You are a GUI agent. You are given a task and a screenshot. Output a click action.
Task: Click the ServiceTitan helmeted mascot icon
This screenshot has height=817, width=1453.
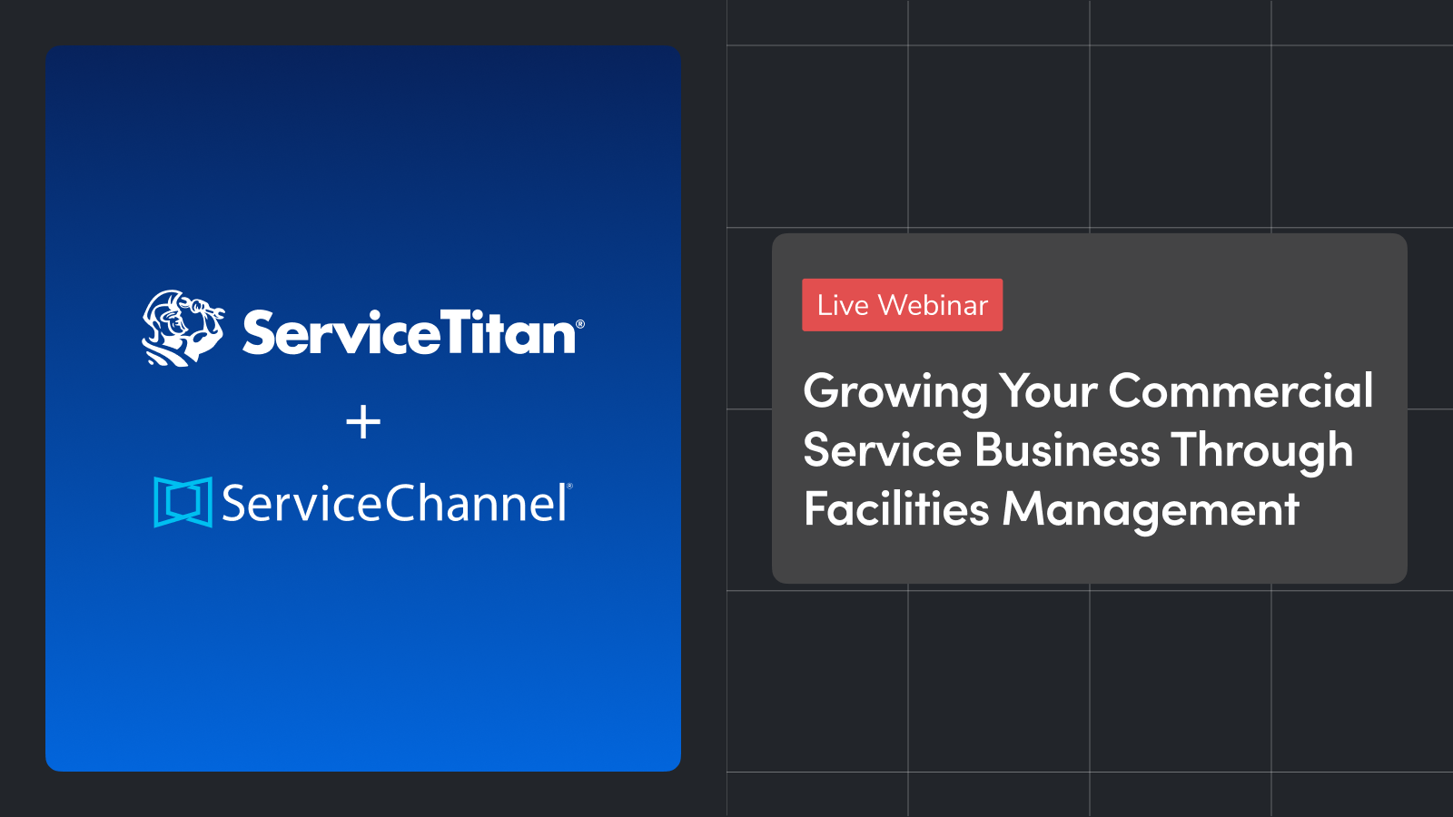[183, 328]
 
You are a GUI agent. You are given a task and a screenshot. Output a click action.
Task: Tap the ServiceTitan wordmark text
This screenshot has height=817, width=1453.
[410, 332]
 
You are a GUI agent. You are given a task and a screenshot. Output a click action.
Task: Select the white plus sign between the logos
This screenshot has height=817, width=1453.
[363, 422]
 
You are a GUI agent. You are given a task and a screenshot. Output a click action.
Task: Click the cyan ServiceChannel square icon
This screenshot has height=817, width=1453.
[183, 502]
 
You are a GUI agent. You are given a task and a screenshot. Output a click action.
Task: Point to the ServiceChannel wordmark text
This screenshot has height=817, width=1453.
[394, 503]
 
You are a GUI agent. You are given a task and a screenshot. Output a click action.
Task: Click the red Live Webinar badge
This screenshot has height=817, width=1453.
[903, 305]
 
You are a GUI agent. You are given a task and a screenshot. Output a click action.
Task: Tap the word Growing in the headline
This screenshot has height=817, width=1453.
[895, 392]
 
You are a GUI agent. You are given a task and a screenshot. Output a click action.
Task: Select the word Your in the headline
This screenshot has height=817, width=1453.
[1048, 391]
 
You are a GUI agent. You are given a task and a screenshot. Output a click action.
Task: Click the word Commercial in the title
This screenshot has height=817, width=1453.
[1240, 390]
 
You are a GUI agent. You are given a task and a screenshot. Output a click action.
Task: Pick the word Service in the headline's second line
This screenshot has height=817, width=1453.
[882, 450]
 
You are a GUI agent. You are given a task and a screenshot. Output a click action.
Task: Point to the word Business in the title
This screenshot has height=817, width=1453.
[1066, 449]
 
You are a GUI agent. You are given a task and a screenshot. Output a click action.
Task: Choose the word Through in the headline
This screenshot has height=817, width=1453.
[1262, 452]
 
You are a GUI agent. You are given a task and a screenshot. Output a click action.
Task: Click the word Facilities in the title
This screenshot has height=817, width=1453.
[896, 507]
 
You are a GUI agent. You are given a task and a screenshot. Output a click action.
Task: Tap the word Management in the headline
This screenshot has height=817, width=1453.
[1151, 510]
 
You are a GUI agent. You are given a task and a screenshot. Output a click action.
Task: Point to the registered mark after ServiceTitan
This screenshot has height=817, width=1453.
[580, 324]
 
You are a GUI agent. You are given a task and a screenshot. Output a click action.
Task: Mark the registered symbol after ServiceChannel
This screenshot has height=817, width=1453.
[569, 486]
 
